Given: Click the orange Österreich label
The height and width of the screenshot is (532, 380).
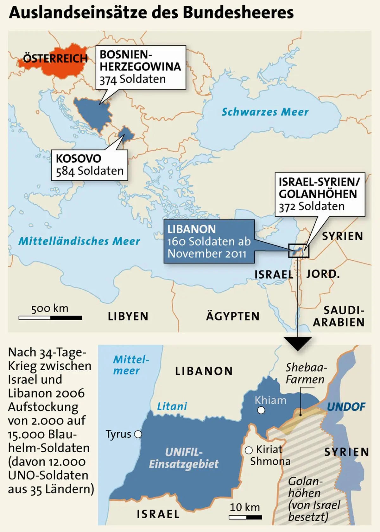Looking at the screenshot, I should click(x=55, y=59).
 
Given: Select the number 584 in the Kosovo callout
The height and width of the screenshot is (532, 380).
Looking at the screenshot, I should click(x=65, y=171).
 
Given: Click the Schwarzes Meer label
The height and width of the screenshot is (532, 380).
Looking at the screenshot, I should click(x=265, y=112).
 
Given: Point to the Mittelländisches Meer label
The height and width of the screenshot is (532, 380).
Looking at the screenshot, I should click(x=79, y=241).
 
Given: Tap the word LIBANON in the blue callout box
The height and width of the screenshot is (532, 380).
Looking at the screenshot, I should click(x=191, y=229).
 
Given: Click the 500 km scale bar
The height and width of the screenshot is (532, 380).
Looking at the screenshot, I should click(x=50, y=318).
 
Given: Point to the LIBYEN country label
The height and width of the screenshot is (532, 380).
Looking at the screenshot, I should click(x=128, y=316).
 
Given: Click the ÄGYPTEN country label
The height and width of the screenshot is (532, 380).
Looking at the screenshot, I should click(x=233, y=316).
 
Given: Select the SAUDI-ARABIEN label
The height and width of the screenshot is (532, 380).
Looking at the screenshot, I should click(x=339, y=316).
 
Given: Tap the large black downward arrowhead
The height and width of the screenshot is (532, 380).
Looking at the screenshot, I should click(x=298, y=343).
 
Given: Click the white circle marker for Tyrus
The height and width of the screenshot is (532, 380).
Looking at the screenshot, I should click(x=138, y=434).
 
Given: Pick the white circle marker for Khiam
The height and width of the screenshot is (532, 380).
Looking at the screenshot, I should click(x=261, y=411).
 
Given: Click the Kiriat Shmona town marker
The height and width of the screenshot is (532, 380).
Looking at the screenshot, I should click(x=249, y=450).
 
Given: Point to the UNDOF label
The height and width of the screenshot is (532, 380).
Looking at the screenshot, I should click(x=346, y=407).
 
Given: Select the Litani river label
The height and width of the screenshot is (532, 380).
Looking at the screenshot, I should click(x=172, y=406).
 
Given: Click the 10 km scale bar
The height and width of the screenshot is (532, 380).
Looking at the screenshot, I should click(x=245, y=517).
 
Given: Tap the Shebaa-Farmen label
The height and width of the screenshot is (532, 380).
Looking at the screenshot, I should click(x=305, y=374).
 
